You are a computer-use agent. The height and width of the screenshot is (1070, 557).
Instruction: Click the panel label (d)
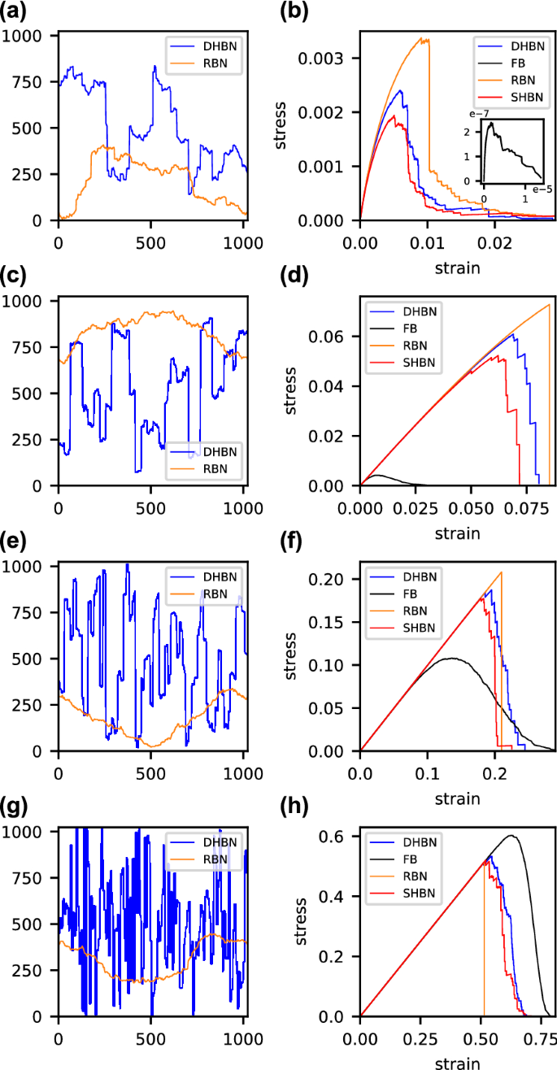pyautogui.click(x=293, y=280)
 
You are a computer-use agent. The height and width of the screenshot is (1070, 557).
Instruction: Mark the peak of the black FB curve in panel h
pyautogui.click(x=511, y=835)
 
